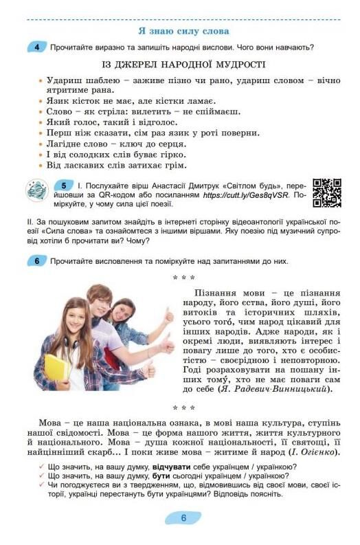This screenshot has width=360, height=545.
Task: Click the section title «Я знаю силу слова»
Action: click(183, 31)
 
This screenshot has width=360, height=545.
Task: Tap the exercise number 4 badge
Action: click(36, 47)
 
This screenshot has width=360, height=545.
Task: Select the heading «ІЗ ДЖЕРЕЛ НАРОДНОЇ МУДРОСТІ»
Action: click(183, 65)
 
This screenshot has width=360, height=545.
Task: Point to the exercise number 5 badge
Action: click(63, 186)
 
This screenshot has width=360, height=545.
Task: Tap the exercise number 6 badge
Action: click(36, 261)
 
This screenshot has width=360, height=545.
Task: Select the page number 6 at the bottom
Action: click(183, 518)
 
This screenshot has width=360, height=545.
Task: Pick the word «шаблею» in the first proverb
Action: click(84, 80)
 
